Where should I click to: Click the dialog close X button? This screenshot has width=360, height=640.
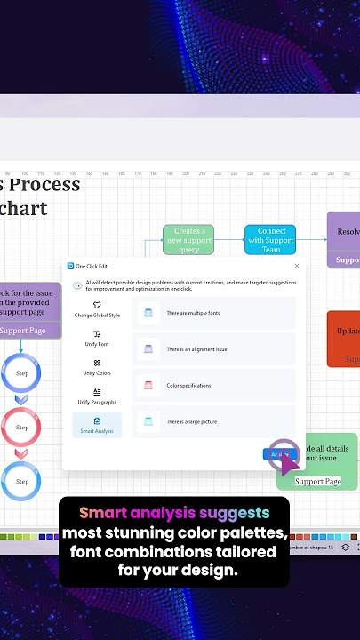(x=297, y=266)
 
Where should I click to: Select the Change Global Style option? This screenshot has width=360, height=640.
(x=96, y=308)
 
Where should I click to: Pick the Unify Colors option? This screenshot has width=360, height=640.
(x=96, y=367)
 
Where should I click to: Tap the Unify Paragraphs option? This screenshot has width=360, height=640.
(x=96, y=396)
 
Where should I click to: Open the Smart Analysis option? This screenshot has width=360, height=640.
(x=96, y=425)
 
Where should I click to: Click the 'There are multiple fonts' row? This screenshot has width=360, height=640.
(x=213, y=313)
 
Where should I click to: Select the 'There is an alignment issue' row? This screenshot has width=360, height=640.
(x=213, y=349)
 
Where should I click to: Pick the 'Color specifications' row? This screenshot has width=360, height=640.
(x=213, y=385)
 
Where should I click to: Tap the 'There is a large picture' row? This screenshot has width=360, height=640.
(x=213, y=421)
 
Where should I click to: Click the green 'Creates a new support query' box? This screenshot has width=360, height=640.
(x=188, y=240)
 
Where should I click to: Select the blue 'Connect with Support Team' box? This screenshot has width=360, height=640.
(x=270, y=240)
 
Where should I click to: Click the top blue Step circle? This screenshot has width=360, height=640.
(x=22, y=373)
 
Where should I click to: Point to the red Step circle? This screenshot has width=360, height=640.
(x=22, y=428)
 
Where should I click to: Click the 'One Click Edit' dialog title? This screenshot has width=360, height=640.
(x=91, y=266)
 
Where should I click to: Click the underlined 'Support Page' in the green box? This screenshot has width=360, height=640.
(x=317, y=481)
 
